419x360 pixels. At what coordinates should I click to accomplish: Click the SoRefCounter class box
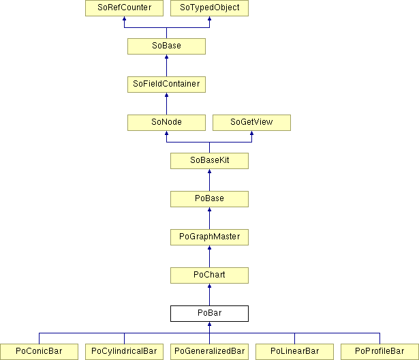pos(124,8)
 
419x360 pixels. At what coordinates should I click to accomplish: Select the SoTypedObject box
pos(210,8)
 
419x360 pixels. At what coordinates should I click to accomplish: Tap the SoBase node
pos(166,46)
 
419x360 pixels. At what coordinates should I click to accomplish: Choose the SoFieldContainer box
pos(166,85)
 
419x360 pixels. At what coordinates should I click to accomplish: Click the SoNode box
pos(166,123)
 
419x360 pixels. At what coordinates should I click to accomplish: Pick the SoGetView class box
pos(251,123)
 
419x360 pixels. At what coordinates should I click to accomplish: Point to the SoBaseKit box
pos(210,161)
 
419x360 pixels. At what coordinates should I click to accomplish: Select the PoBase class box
pos(210,199)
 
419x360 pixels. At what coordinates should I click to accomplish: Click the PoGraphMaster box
pos(210,237)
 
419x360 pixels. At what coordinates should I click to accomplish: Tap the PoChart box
pos(210,275)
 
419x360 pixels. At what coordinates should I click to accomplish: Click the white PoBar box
pos(210,314)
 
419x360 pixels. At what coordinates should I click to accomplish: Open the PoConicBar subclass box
pos(39,352)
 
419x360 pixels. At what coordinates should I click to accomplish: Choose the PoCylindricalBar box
pos(124,352)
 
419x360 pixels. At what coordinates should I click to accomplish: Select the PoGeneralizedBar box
pos(210,352)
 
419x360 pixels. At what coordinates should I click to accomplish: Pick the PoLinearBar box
pos(294,352)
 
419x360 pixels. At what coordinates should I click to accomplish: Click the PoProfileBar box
pos(379,352)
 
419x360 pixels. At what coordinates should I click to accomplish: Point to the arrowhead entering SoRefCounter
pos(124,18)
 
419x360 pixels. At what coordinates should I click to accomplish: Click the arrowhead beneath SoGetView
pos(251,133)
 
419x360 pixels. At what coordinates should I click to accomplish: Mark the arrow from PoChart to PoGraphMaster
pos(210,256)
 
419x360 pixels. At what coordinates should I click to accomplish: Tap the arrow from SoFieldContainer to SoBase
pos(166,65)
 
